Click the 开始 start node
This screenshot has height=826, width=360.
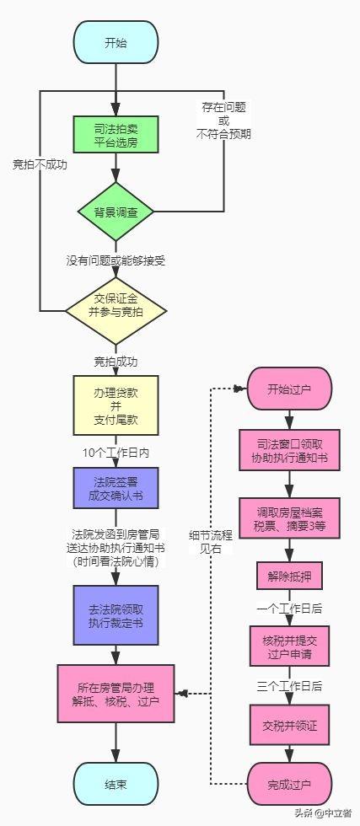[x=116, y=43]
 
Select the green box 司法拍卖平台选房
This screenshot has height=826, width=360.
[x=116, y=135]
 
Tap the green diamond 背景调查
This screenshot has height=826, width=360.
[x=116, y=212]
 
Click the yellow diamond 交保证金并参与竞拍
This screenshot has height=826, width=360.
[x=116, y=311]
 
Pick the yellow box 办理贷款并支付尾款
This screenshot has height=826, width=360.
[x=116, y=405]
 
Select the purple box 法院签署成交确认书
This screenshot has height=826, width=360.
[x=116, y=488]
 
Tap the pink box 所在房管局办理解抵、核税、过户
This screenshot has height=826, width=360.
[x=116, y=694]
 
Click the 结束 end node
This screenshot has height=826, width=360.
[x=116, y=785]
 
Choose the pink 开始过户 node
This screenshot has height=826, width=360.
[x=289, y=389]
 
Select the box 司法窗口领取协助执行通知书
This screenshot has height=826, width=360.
[x=289, y=450]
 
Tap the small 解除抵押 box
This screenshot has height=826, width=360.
[x=289, y=576]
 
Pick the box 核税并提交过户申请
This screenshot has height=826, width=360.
[x=289, y=646]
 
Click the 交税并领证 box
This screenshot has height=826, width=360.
[x=289, y=727]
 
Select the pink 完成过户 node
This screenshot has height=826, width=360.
[x=289, y=785]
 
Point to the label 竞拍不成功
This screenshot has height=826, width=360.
[x=40, y=164]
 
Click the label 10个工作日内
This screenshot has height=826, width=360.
[x=116, y=453]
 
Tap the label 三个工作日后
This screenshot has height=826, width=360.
[x=289, y=686]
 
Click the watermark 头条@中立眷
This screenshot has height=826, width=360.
[x=323, y=813]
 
